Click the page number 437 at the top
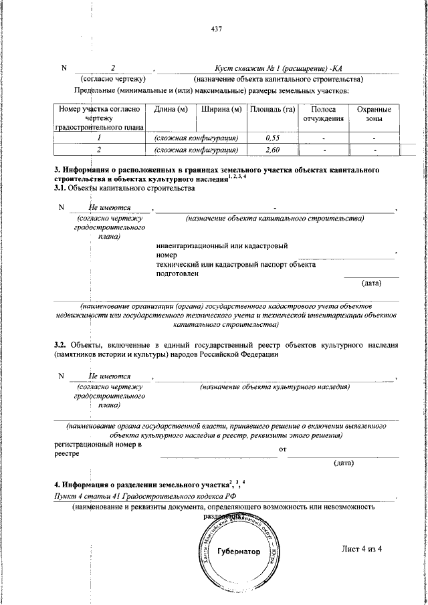[x=215, y=29]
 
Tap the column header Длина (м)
[x=171, y=110]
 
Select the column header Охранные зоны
[x=374, y=114]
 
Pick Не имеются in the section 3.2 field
[x=110, y=376]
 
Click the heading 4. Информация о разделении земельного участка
[x=140, y=484]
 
